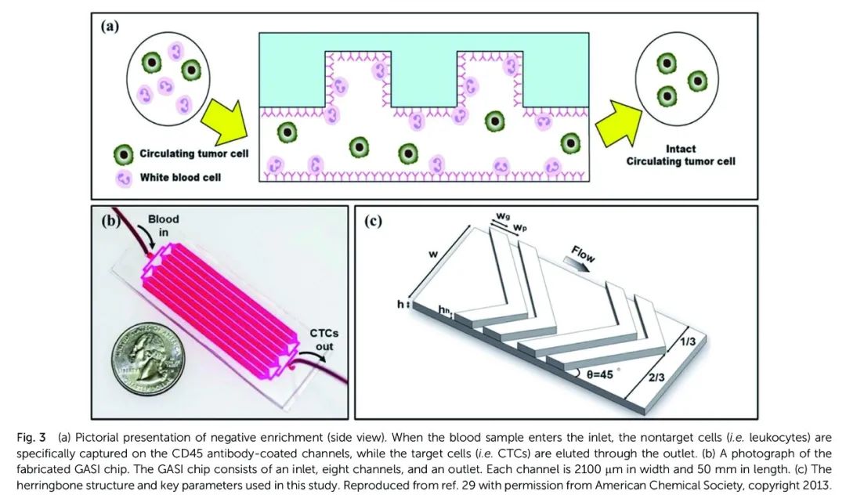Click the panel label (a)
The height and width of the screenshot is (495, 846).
tap(109, 26)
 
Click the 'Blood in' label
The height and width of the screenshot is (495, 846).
tap(164, 226)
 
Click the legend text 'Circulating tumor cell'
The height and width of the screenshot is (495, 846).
tap(193, 154)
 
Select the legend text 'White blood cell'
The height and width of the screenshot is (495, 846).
tap(180, 177)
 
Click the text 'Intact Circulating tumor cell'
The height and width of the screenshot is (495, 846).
tap(680, 155)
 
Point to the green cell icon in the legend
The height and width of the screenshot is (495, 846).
tap(124, 154)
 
